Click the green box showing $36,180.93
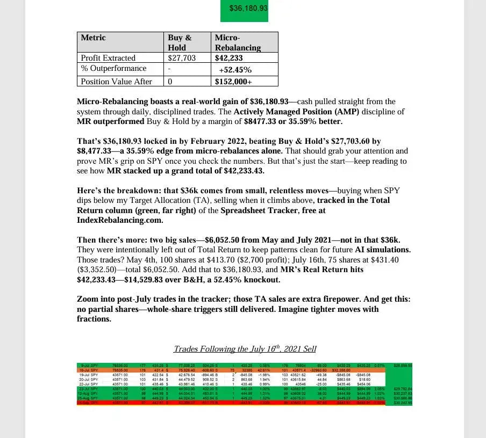tap(244, 9)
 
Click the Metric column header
tap(93, 38)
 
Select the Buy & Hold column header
tap(180, 42)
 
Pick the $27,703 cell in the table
tap(181, 58)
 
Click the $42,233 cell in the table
tap(228, 58)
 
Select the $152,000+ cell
tap(233, 82)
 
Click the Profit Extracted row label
tap(108, 58)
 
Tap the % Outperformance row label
tap(113, 69)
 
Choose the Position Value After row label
tap(116, 82)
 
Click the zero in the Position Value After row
tap(170, 82)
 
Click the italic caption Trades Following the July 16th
tap(245, 349)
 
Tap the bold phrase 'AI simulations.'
tap(382, 250)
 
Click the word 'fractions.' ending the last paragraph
tap(94, 319)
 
